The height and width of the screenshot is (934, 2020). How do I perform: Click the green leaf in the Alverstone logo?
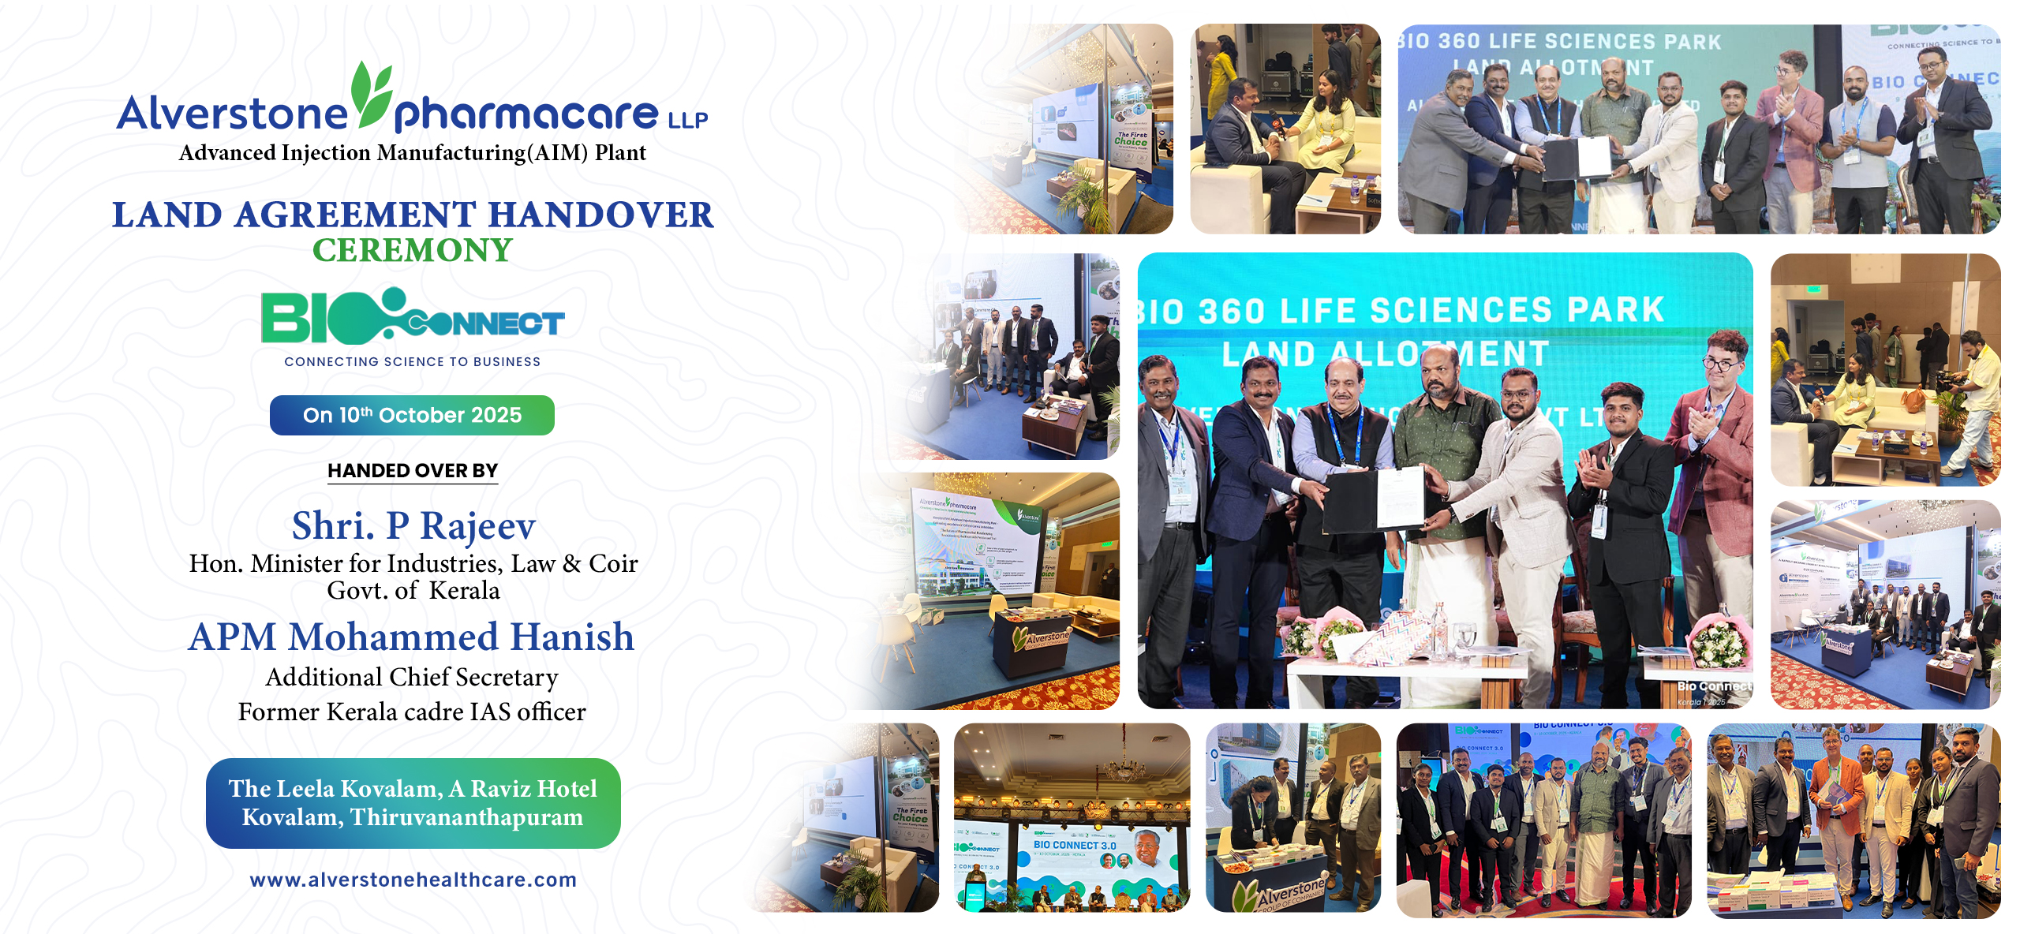point(371,95)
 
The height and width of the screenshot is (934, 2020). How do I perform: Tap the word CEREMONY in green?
point(413,251)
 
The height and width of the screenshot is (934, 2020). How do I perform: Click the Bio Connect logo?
point(413,317)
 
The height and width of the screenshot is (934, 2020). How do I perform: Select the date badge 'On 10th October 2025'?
point(412,415)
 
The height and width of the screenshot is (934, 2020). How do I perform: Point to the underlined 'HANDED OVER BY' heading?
point(413,471)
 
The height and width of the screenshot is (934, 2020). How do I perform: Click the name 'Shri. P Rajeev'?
point(413,525)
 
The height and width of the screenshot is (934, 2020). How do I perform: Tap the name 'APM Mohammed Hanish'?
point(411,637)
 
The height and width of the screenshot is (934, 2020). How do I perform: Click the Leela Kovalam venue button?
point(413,803)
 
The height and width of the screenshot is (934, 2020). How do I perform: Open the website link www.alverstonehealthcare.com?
point(413,880)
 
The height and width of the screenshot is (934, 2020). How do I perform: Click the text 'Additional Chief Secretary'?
point(412,677)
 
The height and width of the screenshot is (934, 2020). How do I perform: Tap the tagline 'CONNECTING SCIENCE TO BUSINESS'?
point(412,361)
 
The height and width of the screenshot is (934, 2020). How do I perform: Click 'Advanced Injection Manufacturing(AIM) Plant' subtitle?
point(412,152)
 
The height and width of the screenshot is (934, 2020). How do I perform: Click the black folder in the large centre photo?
point(1351,502)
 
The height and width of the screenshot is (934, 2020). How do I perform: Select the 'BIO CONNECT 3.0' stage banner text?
point(1075,845)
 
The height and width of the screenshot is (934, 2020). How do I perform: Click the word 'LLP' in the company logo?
point(688,120)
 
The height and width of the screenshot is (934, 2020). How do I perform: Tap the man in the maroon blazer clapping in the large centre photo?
point(1720,442)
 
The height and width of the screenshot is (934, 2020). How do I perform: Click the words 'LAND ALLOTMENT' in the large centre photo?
point(1385,353)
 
